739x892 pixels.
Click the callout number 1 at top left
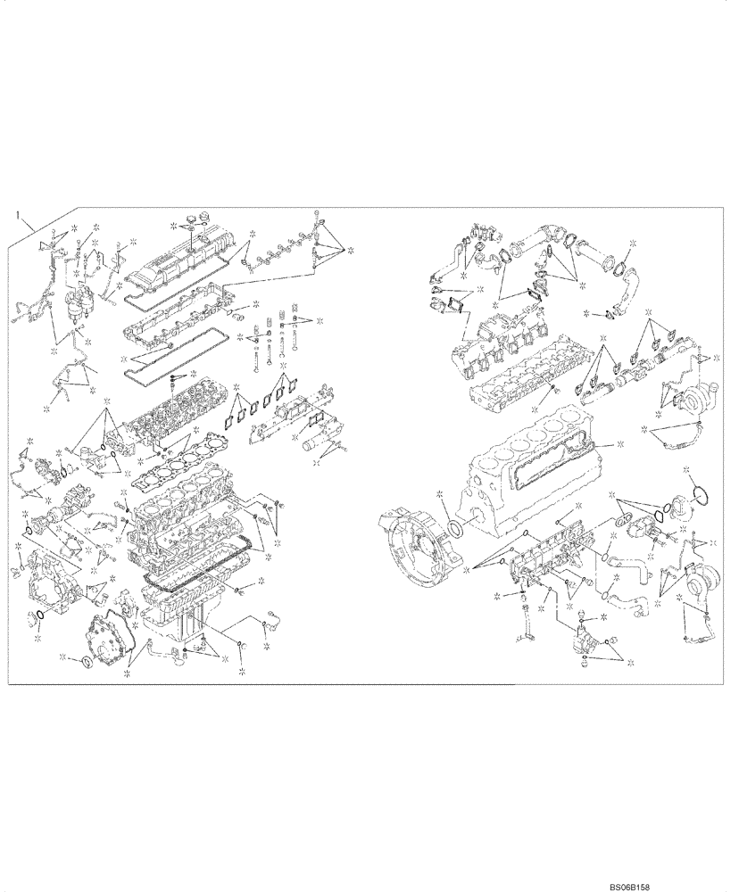16,215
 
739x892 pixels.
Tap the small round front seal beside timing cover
87,660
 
